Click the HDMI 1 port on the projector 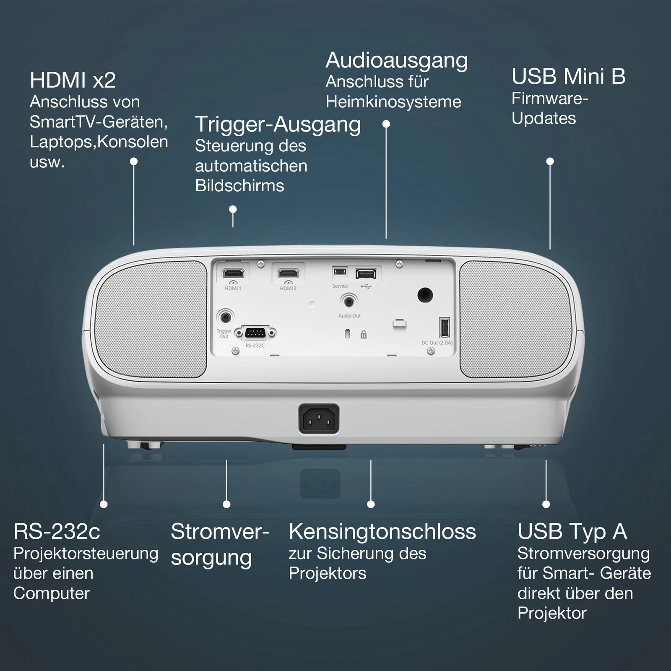coord(233,273)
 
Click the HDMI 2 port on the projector coord(288,273)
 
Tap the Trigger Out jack coord(225,317)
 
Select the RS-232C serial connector coord(255,333)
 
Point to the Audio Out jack coord(349,301)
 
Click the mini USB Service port coord(340,272)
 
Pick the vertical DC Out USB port coord(445,327)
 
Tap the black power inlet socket coord(319,419)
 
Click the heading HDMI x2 coord(73,80)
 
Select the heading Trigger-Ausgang coord(278,125)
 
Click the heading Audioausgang coord(397,61)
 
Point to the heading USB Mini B coord(568,76)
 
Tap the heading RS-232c coord(57,532)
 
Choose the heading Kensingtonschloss coord(382,532)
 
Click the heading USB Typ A coord(572,532)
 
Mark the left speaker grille coord(151,319)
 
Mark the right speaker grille coord(516,319)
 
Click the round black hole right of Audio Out coord(425,295)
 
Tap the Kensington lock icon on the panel coord(364,334)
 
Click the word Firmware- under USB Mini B coord(550,99)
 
